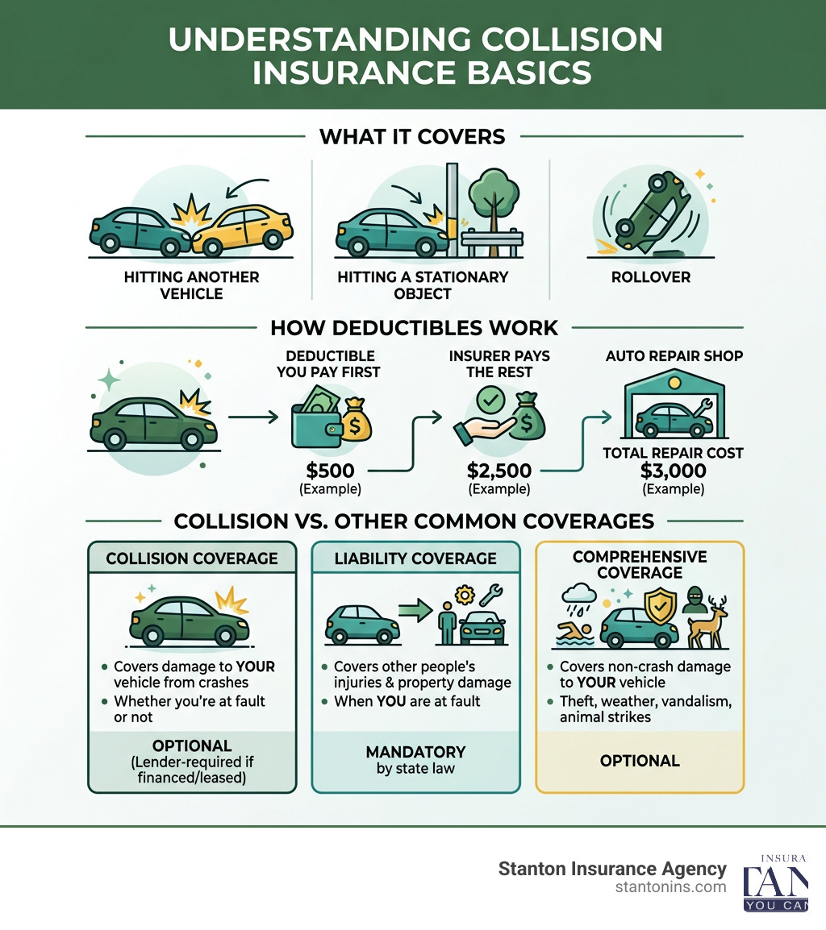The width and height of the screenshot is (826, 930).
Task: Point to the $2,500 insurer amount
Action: coord(500,471)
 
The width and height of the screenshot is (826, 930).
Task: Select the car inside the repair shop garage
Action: coord(674,417)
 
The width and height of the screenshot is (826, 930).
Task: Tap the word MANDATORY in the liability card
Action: coord(415,752)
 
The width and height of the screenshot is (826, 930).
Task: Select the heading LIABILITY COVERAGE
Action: coord(415,558)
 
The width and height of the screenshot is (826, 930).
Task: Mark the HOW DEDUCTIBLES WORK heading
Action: coord(414,328)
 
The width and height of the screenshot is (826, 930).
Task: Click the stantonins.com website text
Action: coord(670,886)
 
